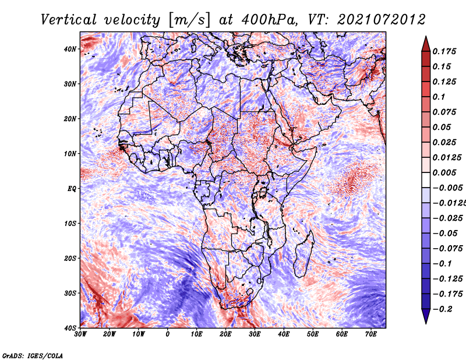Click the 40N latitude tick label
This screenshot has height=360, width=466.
(x=70, y=49)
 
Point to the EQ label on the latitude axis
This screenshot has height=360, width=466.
(x=72, y=189)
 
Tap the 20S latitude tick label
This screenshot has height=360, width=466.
(x=70, y=258)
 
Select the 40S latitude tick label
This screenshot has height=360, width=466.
(x=70, y=328)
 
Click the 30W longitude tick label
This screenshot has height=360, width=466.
(x=80, y=334)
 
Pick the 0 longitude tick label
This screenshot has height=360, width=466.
(x=168, y=334)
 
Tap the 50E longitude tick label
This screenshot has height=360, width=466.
(x=313, y=334)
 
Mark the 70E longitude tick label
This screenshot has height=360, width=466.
(x=371, y=334)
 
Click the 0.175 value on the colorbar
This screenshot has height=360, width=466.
(x=444, y=51)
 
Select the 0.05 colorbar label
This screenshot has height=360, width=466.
(x=442, y=127)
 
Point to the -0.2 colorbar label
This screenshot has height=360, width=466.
(x=442, y=309)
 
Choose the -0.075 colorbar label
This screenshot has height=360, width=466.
(x=447, y=248)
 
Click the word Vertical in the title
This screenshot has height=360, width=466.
(x=69, y=20)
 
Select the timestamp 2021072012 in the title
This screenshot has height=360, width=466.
(x=382, y=20)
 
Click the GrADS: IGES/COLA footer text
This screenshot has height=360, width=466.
(x=33, y=356)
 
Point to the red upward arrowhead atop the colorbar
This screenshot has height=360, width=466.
(x=426, y=44)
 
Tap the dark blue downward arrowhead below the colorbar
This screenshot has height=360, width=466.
(x=426, y=316)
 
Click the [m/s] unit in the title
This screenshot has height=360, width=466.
(x=190, y=20)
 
